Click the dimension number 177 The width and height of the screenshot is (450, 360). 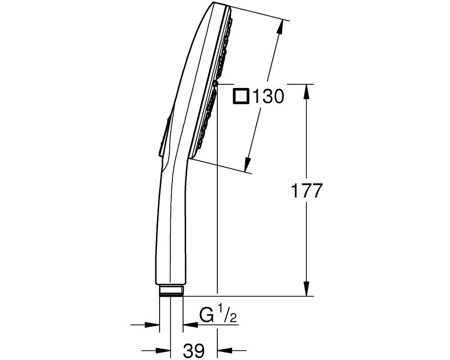(x=307, y=191)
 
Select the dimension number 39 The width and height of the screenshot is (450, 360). (x=194, y=351)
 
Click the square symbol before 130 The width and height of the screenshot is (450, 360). (x=241, y=96)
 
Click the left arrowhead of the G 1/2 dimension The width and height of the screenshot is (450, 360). (x=153, y=324)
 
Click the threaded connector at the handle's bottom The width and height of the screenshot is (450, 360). (x=171, y=291)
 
